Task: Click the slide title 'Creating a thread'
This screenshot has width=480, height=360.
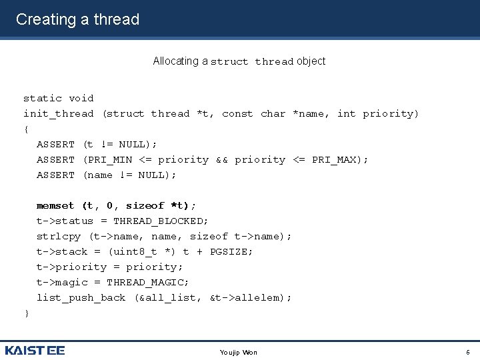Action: [77, 19]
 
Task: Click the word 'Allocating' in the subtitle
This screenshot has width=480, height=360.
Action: [176, 61]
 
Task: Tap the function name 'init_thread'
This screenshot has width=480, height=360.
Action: [59, 114]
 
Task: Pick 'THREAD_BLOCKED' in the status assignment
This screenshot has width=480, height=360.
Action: [161, 221]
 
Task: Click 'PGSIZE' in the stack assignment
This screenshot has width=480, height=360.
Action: [231, 252]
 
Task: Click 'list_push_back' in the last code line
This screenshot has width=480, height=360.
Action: [81, 298]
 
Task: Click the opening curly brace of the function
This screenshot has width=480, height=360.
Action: [27, 129]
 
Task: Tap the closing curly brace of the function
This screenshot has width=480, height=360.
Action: [27, 313]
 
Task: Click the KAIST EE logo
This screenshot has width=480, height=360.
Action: [35, 351]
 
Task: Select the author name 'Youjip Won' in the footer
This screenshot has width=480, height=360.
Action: [238, 352]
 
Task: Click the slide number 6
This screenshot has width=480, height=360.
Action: [468, 352]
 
